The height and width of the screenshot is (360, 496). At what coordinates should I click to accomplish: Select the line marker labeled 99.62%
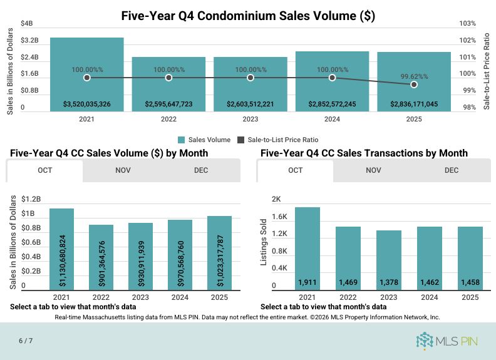click(414, 85)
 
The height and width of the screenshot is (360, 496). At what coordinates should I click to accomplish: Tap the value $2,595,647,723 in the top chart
click(168, 104)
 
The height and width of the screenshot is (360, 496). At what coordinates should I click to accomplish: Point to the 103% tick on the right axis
click(467, 24)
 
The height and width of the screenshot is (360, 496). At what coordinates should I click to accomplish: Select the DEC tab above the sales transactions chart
click(452, 170)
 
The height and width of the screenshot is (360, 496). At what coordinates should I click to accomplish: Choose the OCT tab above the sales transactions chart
click(296, 170)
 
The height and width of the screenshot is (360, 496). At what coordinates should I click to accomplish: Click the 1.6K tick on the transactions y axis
click(279, 217)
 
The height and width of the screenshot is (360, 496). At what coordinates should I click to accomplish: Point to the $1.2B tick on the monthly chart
click(31, 200)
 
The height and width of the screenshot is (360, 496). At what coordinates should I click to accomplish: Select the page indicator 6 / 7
click(26, 341)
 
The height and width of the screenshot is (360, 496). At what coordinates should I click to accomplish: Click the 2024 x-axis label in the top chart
click(332, 119)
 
